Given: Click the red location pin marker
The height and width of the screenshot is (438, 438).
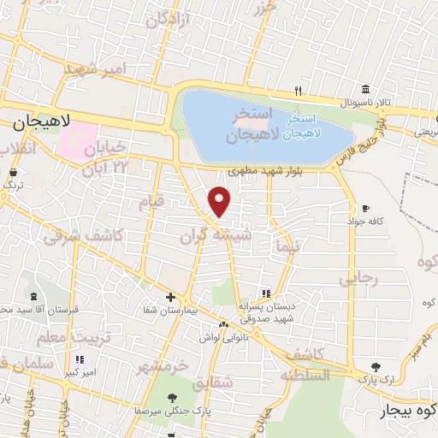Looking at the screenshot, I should (220, 201).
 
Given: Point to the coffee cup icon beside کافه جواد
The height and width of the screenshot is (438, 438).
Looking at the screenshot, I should (365, 209).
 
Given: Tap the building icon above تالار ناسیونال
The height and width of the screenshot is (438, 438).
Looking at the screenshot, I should (365, 89).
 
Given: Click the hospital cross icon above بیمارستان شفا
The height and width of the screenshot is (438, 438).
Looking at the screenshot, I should (171, 297).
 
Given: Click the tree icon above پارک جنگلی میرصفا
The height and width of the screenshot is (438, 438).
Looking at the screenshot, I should (174, 397).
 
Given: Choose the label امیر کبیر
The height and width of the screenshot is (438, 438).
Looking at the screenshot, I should (80, 374).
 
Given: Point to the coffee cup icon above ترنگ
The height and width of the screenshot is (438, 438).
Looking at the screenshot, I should (12, 171).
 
